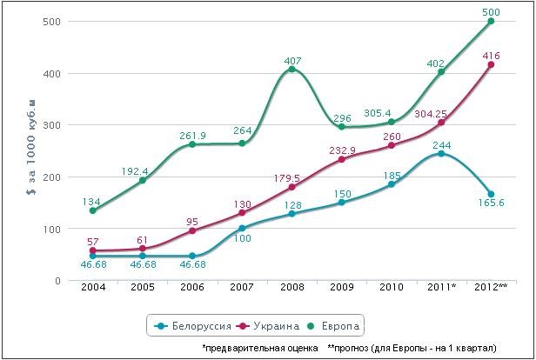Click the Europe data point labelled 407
[x=291, y=70]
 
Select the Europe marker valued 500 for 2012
[x=492, y=21]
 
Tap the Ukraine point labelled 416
[x=492, y=64]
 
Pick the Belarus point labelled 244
[x=441, y=154]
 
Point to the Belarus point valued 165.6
[x=492, y=194]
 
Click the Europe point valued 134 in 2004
[x=91, y=210]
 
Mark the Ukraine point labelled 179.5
[x=291, y=187]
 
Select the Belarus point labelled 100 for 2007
[x=241, y=229]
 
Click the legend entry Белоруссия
[x=198, y=326]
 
